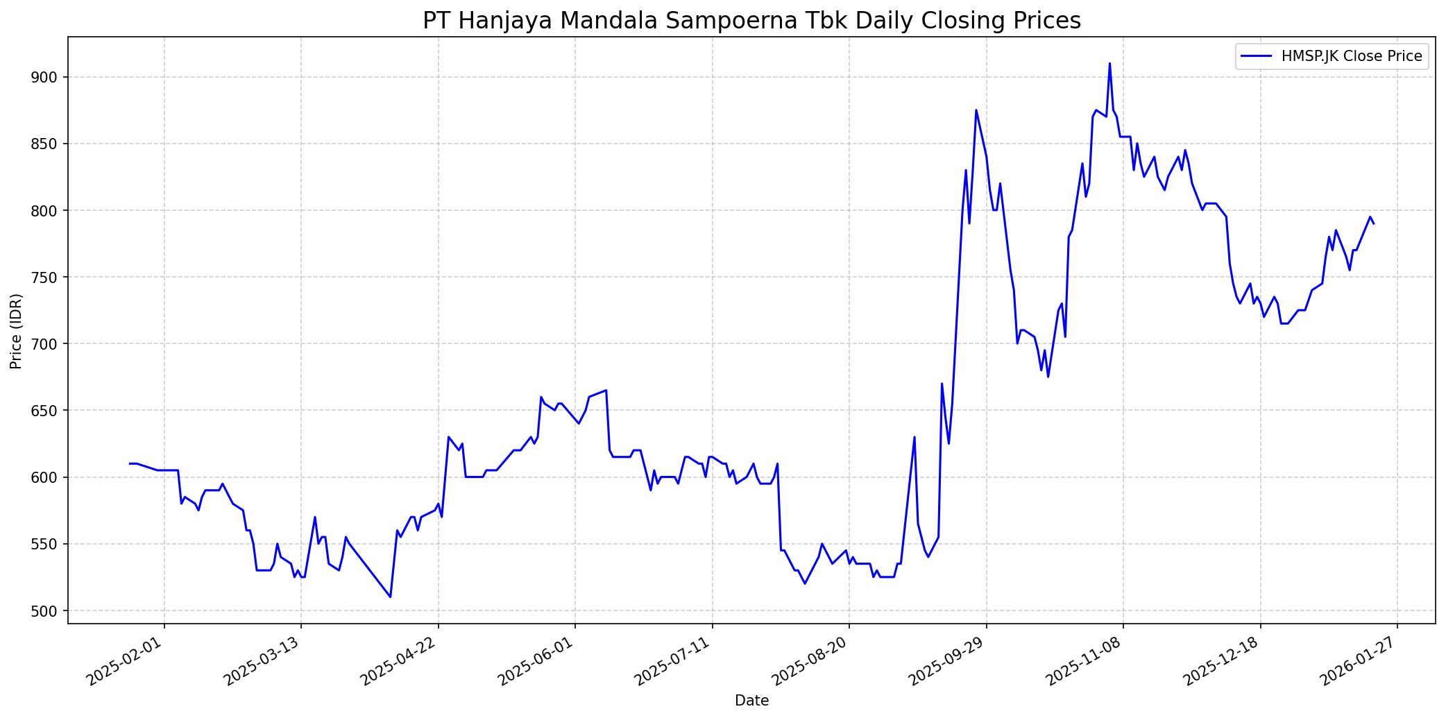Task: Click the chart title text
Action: (x=751, y=20)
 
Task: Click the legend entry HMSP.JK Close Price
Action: (x=1351, y=56)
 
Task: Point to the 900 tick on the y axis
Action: (x=51, y=77)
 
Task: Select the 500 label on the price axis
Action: (x=51, y=611)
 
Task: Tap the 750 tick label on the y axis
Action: (x=51, y=277)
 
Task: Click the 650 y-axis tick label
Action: (x=51, y=411)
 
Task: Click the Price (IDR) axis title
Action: (x=16, y=331)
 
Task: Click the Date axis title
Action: (x=751, y=701)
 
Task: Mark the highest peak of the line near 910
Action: (x=1109, y=64)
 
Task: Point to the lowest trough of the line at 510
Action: (x=391, y=597)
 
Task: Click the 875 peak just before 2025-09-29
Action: (x=976, y=110)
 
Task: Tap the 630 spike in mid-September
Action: (x=915, y=437)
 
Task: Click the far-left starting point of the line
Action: (x=130, y=463)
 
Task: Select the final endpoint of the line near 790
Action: (x=1374, y=223)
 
